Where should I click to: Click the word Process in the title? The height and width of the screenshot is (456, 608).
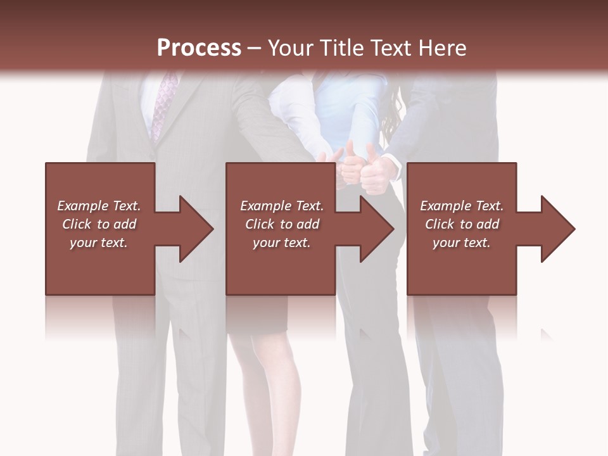pyautogui.click(x=199, y=48)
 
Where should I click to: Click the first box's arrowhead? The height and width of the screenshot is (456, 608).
pyautogui.click(x=194, y=229)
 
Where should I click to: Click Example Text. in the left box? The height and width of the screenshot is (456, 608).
pyautogui.click(x=99, y=206)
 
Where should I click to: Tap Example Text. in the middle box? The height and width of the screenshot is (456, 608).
pyautogui.click(x=282, y=206)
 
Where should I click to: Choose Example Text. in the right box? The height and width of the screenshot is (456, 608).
pyautogui.click(x=462, y=206)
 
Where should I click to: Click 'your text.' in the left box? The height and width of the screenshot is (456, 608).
pyautogui.click(x=99, y=243)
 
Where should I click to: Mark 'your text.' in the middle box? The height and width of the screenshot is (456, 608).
pyautogui.click(x=282, y=243)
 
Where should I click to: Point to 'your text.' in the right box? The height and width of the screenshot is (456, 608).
pyautogui.click(x=462, y=243)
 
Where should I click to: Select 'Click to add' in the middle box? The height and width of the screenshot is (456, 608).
pyautogui.click(x=282, y=224)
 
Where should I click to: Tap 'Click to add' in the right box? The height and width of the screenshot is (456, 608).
pyautogui.click(x=462, y=224)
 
